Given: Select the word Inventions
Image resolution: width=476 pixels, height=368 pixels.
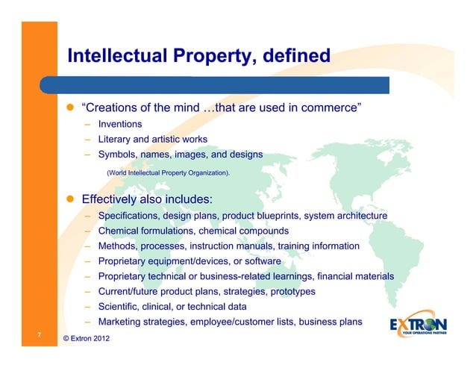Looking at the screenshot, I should [x=120, y=124].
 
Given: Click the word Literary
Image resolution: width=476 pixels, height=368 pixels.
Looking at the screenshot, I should [x=116, y=139].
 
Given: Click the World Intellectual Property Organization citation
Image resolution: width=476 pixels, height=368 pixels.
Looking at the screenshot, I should [x=169, y=173].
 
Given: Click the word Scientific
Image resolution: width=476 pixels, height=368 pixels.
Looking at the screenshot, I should [x=119, y=307].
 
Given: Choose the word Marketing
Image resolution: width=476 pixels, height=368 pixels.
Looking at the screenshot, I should [x=121, y=322].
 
